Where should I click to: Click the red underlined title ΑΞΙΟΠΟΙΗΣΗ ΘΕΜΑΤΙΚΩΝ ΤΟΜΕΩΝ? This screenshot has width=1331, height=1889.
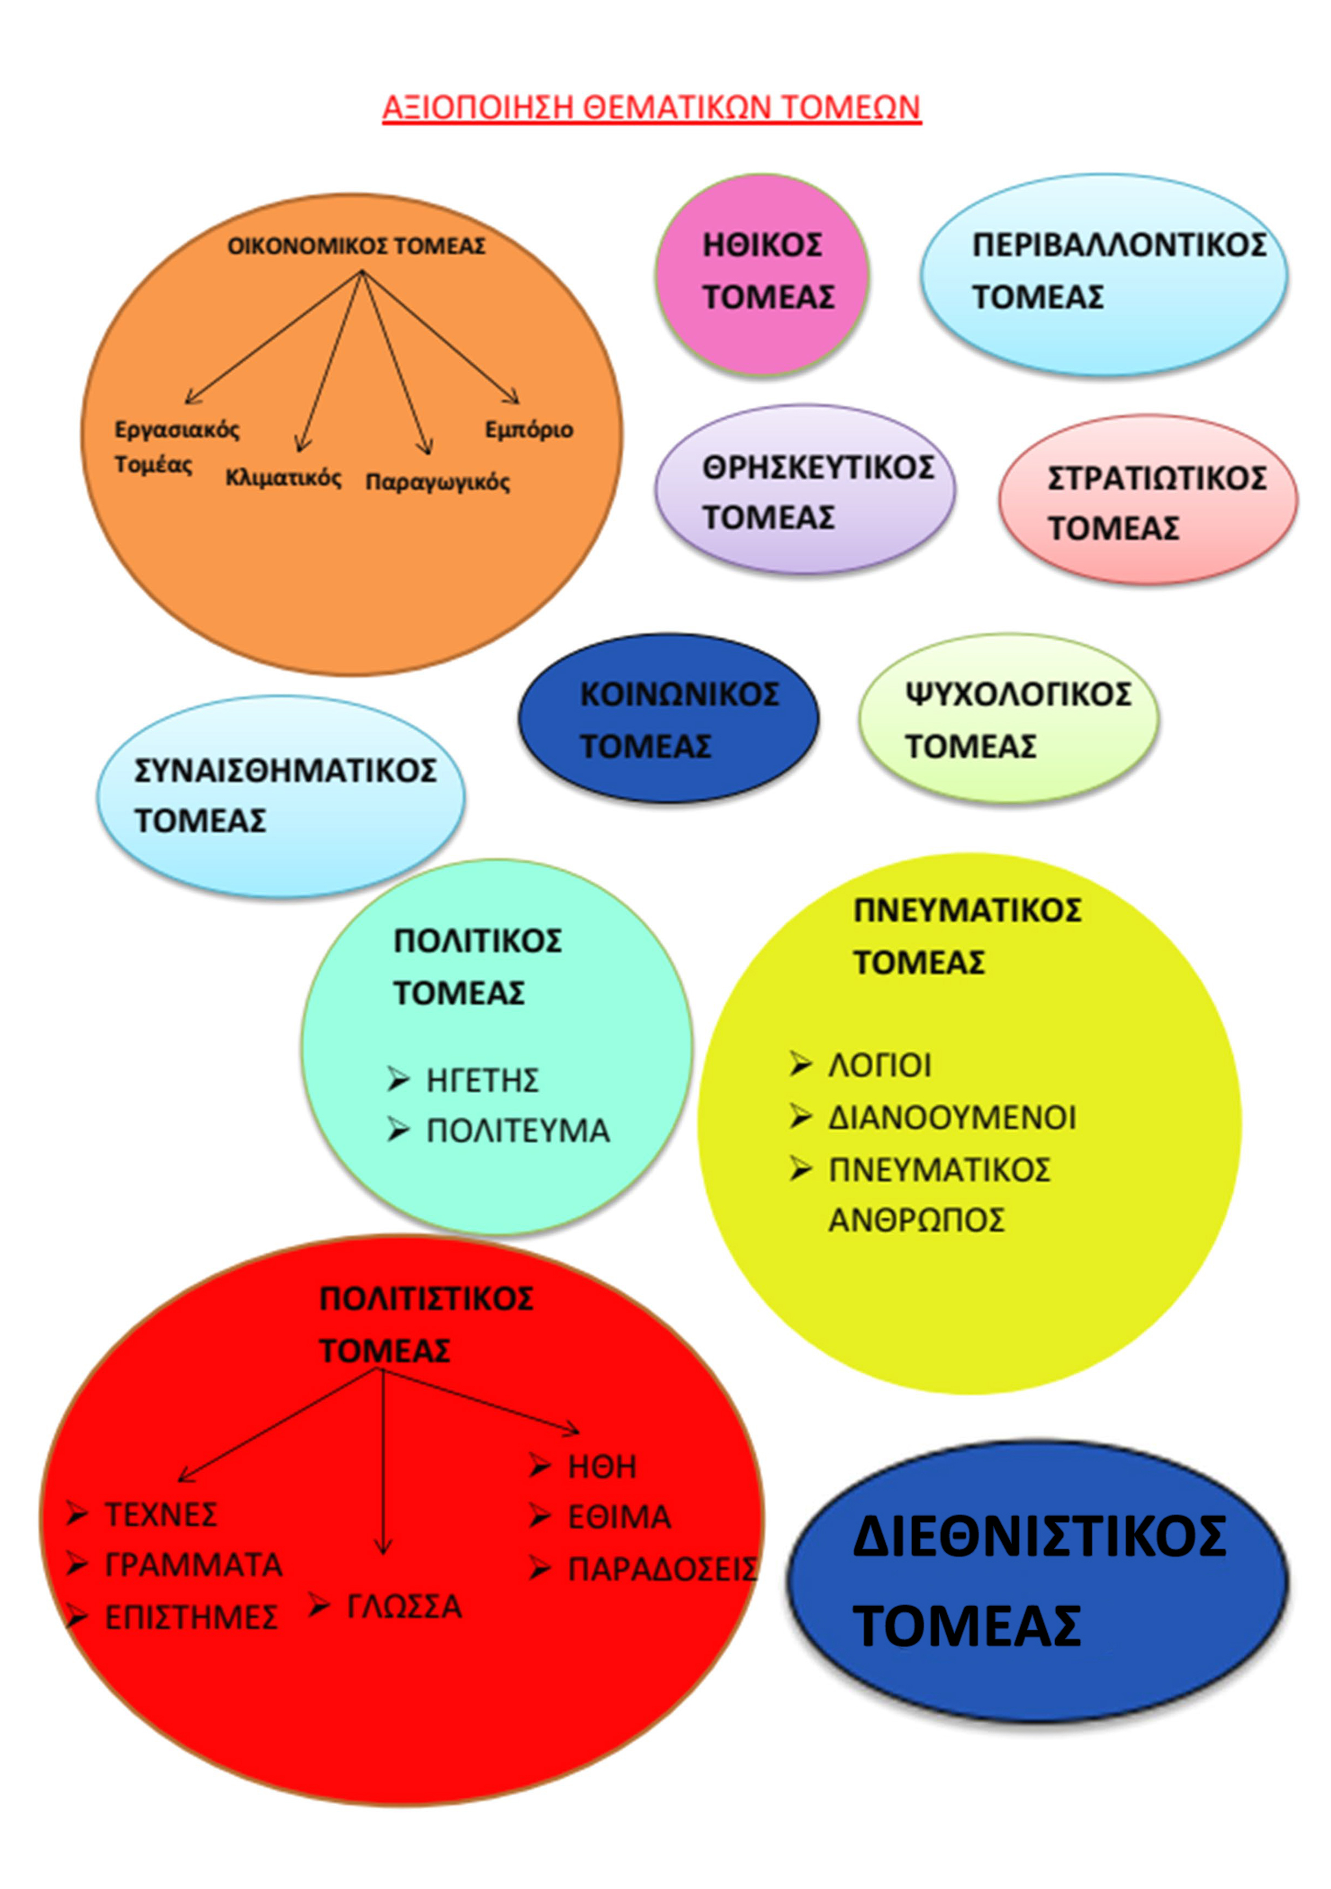coord(651,108)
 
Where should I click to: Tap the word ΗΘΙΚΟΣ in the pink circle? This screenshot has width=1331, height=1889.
coord(762,245)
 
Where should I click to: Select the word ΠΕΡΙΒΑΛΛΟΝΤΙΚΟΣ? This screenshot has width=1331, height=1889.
coord(1119,245)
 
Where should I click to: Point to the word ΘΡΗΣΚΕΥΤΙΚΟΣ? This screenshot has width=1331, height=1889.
coord(818,468)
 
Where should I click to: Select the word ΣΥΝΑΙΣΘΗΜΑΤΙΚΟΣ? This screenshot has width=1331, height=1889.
coord(286,771)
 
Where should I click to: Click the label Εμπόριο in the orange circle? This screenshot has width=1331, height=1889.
coord(528,430)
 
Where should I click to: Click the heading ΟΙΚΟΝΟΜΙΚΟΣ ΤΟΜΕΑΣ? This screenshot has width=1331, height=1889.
coord(356,246)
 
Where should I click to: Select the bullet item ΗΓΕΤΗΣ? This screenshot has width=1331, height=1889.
coord(482,1080)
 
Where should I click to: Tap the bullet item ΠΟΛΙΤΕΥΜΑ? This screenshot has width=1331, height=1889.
coord(518,1131)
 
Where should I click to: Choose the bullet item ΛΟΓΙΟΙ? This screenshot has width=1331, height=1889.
coord(879,1066)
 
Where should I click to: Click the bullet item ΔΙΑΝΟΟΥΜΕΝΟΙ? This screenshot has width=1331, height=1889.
coord(952,1118)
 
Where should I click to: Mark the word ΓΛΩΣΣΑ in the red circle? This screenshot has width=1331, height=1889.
coord(404,1607)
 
